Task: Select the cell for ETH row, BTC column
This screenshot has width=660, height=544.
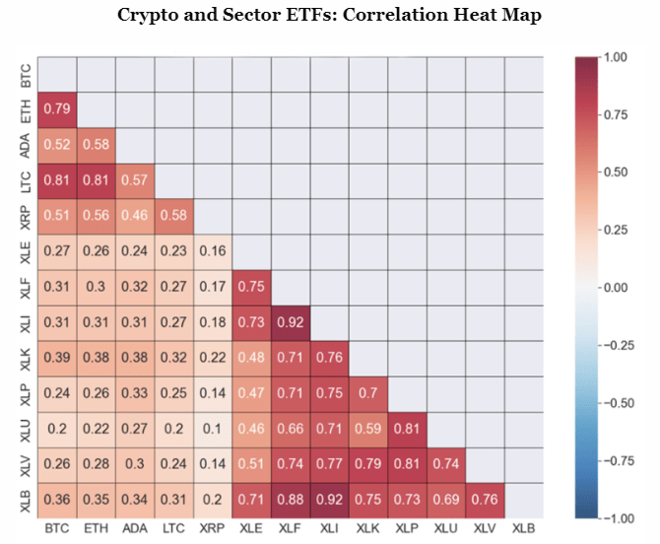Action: click(x=55, y=109)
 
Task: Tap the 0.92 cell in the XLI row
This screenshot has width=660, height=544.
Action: click(x=290, y=322)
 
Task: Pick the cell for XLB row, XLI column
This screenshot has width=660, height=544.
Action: click(x=328, y=500)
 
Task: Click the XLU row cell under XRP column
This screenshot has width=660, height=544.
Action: click(x=211, y=429)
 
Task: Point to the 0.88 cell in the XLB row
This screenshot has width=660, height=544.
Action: click(x=290, y=500)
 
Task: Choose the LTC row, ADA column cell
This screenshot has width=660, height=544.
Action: click(x=133, y=180)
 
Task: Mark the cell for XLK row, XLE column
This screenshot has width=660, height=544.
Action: click(x=250, y=358)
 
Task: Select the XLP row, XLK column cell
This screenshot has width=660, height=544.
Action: click(x=367, y=393)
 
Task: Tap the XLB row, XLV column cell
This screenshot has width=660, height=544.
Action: click(x=485, y=500)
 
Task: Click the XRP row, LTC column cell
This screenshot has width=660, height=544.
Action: click(x=172, y=216)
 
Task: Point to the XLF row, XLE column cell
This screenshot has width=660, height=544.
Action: click(x=250, y=287)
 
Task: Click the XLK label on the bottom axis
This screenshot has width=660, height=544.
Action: click(x=367, y=529)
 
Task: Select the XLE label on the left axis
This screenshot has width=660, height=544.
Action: click(x=25, y=251)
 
